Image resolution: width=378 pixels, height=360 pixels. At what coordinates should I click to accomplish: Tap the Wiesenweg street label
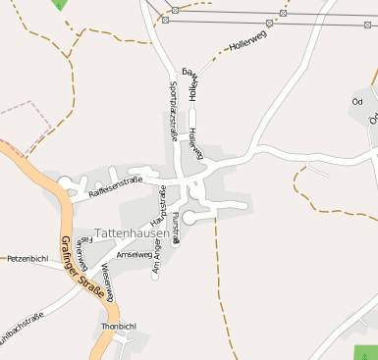(x=110, y=270)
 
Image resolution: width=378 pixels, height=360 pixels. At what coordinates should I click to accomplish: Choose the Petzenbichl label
(x=27, y=260)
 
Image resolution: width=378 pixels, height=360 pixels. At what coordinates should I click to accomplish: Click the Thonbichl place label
(x=117, y=326)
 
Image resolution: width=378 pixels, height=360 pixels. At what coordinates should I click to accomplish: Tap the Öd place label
(x=356, y=101)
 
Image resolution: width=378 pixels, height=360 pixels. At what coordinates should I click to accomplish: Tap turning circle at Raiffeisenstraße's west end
(x=67, y=181)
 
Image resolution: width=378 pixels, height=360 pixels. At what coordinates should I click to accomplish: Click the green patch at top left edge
(x=60, y=4)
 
